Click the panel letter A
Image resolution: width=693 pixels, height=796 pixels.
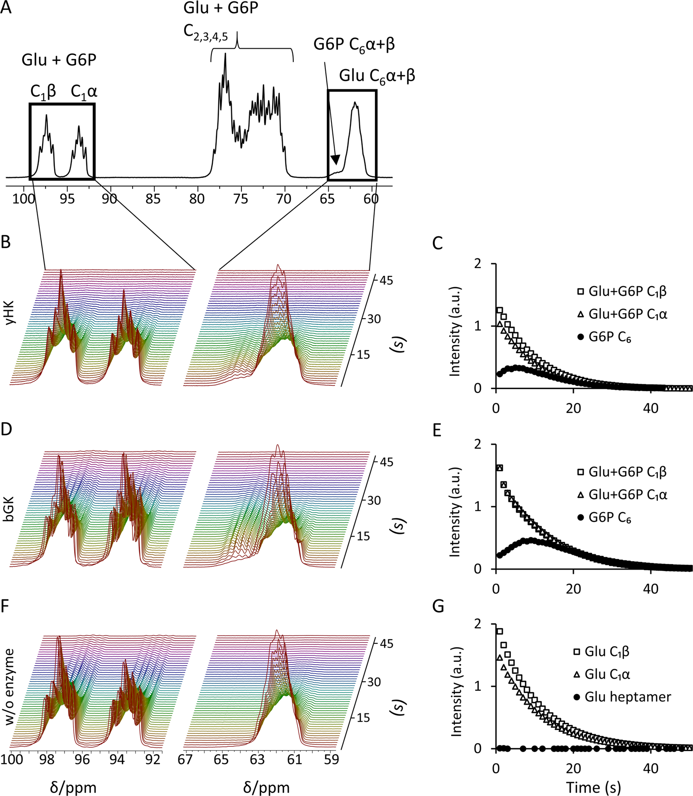tap(6, 8)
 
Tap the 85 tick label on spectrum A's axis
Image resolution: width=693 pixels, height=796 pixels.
tap(153, 199)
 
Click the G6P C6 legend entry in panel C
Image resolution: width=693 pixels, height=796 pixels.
tap(610, 338)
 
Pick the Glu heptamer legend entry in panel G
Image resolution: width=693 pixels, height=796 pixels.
tap(627, 697)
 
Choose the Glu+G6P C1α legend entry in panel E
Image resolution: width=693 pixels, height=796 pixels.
tap(627, 494)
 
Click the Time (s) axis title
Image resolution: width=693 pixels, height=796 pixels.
tap(593, 787)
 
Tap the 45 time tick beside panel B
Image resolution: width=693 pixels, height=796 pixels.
tap(386, 280)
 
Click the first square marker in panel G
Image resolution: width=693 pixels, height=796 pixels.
tap(499, 631)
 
